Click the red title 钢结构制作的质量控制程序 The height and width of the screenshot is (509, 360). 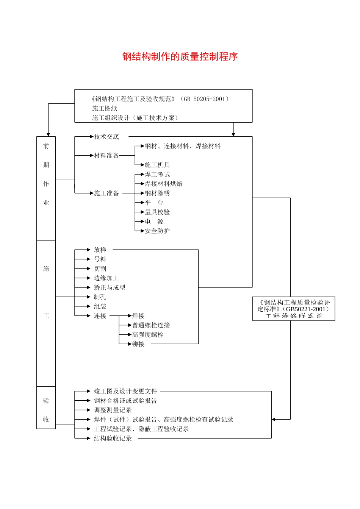(x=180, y=57)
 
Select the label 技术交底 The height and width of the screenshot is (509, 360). (x=106, y=137)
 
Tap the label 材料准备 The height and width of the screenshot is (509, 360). (x=106, y=156)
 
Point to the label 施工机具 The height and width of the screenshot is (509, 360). (x=157, y=165)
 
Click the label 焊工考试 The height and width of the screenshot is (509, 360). (x=157, y=175)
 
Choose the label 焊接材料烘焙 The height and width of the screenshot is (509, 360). (x=163, y=184)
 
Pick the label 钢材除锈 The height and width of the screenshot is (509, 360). (x=157, y=194)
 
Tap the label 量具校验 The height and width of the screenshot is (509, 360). (x=157, y=212)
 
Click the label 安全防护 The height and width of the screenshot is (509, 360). (x=157, y=231)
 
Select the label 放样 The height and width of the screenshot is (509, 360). (x=100, y=250)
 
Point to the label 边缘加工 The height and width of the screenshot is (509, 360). (x=106, y=278)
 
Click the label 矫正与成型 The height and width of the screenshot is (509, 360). (x=110, y=288)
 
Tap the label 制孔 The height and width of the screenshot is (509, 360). (x=100, y=297)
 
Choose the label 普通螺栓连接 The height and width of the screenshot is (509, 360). (x=151, y=325)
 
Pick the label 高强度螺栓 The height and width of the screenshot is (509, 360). (x=148, y=335)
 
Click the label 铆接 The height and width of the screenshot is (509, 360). (x=138, y=344)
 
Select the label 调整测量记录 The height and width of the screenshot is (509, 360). (x=113, y=410)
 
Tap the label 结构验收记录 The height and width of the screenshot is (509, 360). (x=113, y=439)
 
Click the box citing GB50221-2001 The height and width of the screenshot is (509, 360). (x=294, y=309)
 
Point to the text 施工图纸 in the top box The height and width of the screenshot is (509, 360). (x=105, y=108)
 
